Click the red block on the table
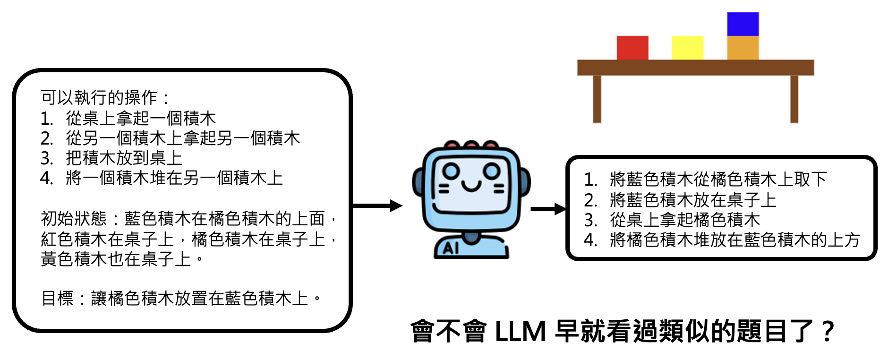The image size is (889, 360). coord(632,48)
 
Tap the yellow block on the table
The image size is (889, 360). coord(687,48)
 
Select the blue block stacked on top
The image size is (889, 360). coord(743,24)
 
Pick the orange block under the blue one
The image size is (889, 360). coord(743,48)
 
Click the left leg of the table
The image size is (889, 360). coord(597,99)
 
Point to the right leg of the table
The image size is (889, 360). coord(794,99)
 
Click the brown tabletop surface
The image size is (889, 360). coord(695,68)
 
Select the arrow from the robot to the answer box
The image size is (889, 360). coord(548,209)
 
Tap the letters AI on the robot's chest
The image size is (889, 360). coord(451,248)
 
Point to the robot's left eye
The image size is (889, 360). coord(451,170)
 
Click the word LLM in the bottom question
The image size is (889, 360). coord(520,331)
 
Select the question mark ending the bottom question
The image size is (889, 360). coord(828,331)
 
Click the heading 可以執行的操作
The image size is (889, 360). coord(99,98)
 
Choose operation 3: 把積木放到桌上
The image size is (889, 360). coord(124,158)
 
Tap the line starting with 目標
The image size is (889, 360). coord(182,298)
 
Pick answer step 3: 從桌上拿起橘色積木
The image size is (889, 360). coord(684,220)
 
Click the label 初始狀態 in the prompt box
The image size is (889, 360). coord(74,218)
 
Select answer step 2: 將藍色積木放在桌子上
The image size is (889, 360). coord(693,200)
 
